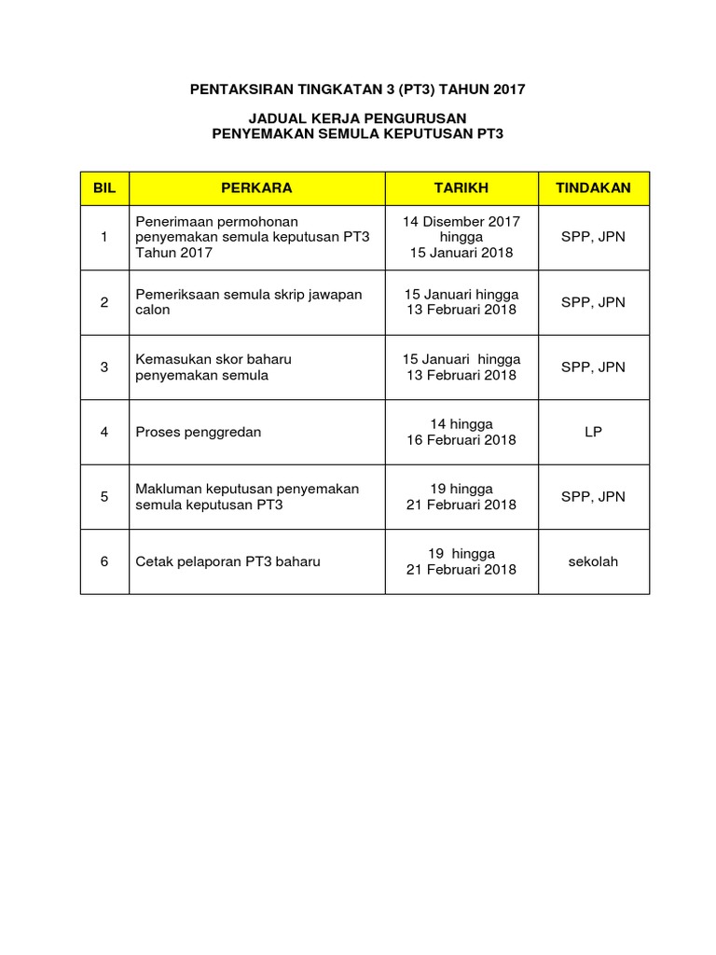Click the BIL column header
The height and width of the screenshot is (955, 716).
[104, 187]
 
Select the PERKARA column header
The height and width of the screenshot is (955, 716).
[256, 187]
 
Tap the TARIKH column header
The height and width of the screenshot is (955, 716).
[461, 187]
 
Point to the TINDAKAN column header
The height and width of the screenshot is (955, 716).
[593, 187]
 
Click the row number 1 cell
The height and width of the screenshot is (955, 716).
[104, 237]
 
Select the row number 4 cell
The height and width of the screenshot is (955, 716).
[104, 432]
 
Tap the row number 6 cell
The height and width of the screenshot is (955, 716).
[104, 561]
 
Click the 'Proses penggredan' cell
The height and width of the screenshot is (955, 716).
[199, 432]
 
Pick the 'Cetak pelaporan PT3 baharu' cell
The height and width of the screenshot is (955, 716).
[227, 561]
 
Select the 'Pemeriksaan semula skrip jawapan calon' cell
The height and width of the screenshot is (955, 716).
[248, 302]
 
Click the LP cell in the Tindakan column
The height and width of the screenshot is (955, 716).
[593, 432]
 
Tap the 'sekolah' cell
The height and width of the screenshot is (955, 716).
[593, 561]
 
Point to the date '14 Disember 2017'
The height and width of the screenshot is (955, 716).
[461, 221]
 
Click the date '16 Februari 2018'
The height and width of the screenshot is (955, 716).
[461, 440]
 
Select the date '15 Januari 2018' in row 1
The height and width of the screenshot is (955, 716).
[461, 253]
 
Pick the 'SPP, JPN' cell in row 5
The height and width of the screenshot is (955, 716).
[593, 496]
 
